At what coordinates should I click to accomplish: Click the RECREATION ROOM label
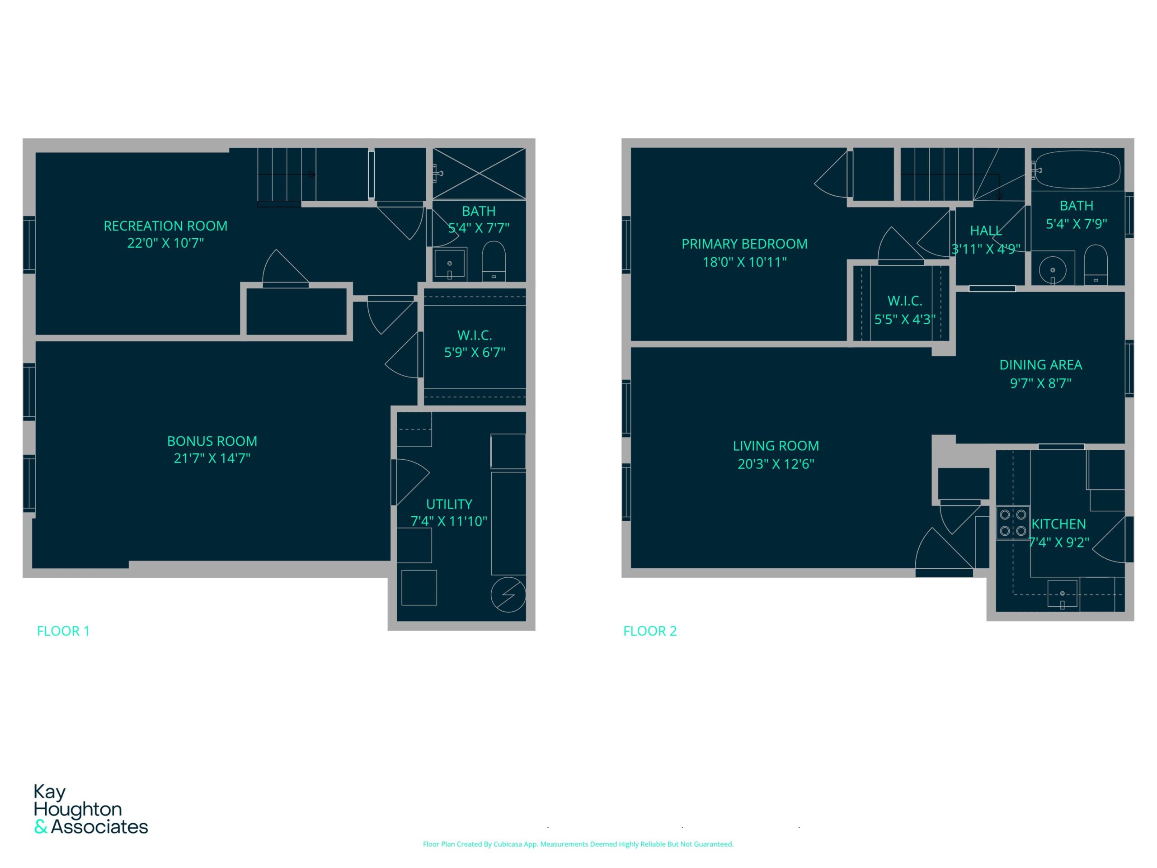click(x=165, y=226)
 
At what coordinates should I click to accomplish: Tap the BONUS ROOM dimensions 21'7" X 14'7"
click(x=212, y=458)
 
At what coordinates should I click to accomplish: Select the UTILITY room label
click(x=449, y=505)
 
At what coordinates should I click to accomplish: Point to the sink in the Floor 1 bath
click(x=450, y=264)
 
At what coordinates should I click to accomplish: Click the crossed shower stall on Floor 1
click(x=479, y=174)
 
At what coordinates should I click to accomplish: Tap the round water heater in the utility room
click(x=508, y=594)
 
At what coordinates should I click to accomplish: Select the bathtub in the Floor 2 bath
click(x=1077, y=170)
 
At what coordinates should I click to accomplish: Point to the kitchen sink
click(x=1063, y=593)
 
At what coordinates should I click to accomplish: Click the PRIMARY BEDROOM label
click(x=744, y=244)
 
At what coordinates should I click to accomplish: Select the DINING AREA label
click(x=1040, y=365)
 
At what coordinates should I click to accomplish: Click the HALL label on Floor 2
click(x=986, y=231)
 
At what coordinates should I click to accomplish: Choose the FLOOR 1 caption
click(x=63, y=631)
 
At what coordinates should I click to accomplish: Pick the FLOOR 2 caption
click(x=649, y=631)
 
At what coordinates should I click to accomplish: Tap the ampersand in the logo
click(x=41, y=827)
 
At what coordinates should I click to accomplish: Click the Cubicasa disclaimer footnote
click(x=578, y=844)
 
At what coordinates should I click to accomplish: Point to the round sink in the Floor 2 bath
click(x=1053, y=270)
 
